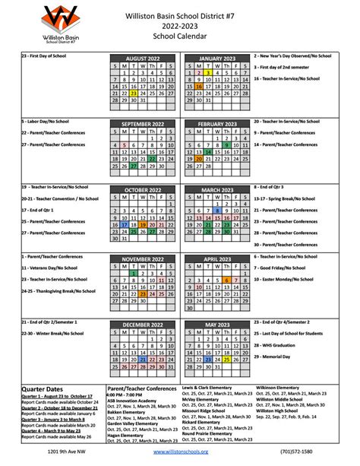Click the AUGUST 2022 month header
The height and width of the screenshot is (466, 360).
pos(144,58)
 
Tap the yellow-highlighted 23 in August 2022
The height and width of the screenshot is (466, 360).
pos(134,93)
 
